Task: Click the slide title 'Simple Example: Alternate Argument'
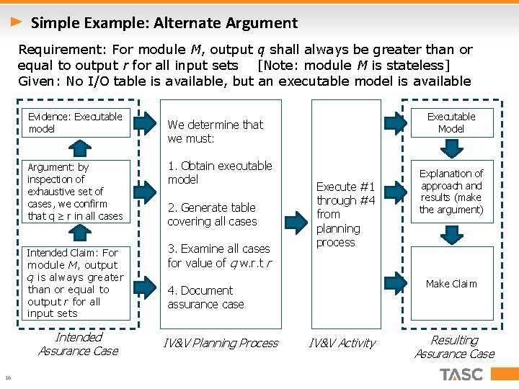coord(164,23)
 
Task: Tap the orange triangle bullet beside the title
coord(16,22)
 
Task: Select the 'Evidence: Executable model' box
coord(76,122)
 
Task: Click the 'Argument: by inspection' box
coord(76,191)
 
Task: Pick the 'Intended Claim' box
coord(76,283)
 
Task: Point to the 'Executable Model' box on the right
coord(451,122)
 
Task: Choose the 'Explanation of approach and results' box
coord(451,192)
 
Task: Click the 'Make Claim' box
coord(451,284)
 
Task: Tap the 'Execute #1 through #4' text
coord(346,214)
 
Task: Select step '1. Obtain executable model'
coord(220,172)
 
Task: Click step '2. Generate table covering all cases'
coord(212,214)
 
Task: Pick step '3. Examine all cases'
coord(218,256)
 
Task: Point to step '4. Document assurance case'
coord(205,297)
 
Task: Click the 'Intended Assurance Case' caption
coord(78,344)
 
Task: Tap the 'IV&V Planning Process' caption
coord(221,343)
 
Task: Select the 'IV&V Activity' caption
coord(342,343)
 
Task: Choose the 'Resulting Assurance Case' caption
coord(454,346)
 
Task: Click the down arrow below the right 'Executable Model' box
coord(451,148)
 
